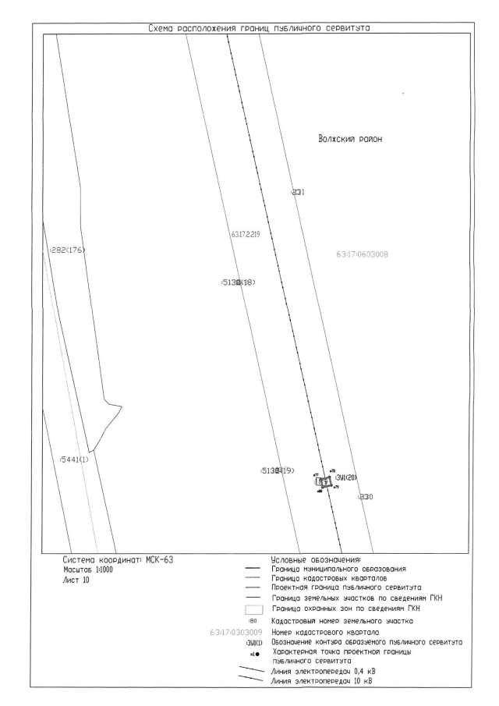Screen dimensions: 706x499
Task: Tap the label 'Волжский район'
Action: (x=353, y=140)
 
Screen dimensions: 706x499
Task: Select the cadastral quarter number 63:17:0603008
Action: (x=363, y=254)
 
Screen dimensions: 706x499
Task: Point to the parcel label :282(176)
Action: (x=66, y=250)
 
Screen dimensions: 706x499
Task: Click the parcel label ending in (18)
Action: (x=239, y=282)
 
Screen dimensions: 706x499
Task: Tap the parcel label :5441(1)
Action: (x=75, y=459)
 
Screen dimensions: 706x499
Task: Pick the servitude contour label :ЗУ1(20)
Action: (x=345, y=477)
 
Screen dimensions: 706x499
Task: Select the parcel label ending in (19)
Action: (x=278, y=470)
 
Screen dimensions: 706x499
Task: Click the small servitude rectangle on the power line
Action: (x=323, y=482)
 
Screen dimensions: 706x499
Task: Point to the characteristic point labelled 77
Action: (x=316, y=474)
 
